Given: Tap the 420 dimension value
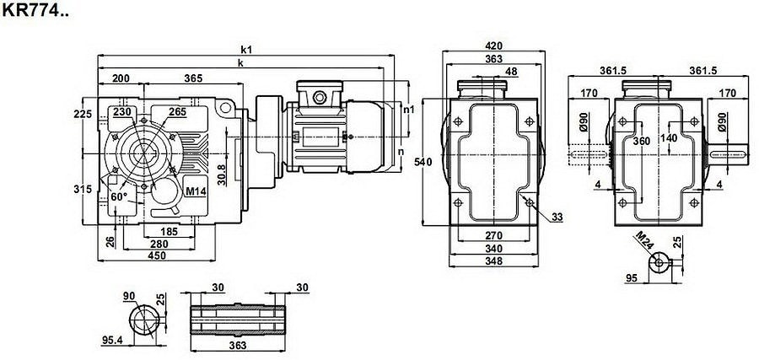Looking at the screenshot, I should point(494,46).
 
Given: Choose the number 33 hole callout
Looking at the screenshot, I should point(557,218).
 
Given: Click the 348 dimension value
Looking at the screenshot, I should point(494,261).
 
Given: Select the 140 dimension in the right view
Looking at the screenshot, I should point(670,137).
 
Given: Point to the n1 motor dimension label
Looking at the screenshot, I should point(409,110).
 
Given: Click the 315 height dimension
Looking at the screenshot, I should point(82,190).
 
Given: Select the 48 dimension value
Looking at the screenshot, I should point(512,72).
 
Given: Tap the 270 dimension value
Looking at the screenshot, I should point(494,235).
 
